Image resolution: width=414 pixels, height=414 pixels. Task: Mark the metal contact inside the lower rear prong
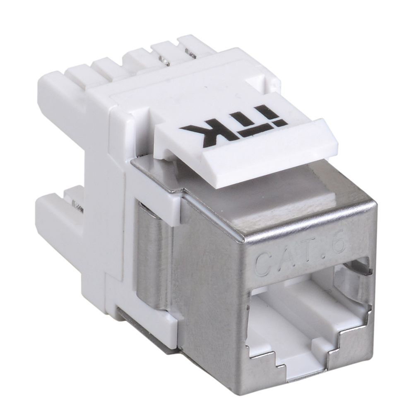pos(76,203)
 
